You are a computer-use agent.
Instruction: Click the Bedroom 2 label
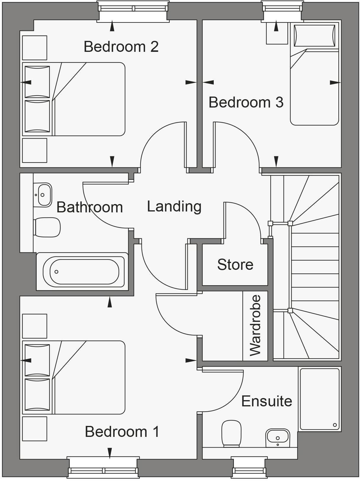point(121,47)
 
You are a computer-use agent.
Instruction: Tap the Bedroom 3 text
point(246,102)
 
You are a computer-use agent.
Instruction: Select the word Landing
point(174,206)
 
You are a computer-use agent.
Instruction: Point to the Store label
point(235,264)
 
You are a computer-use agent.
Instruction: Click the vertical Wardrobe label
point(255,325)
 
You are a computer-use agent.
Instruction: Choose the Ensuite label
point(267,401)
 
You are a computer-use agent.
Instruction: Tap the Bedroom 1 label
point(122,432)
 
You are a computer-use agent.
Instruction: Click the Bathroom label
point(89,207)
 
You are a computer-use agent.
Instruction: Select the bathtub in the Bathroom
point(84,271)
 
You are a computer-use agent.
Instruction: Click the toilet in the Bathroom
point(47,227)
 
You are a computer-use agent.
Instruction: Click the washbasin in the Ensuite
point(277,437)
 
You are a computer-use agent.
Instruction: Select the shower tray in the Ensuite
point(319,399)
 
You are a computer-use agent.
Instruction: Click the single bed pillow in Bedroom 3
point(314,36)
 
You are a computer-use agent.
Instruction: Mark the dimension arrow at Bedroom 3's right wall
point(335,83)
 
